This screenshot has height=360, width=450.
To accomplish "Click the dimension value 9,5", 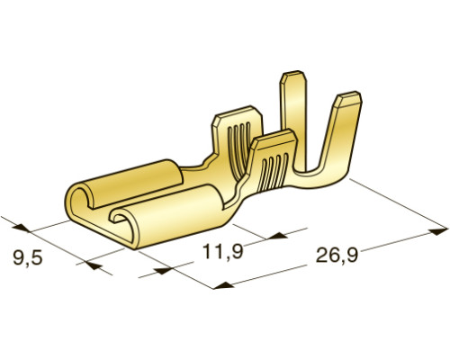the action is [x=28, y=258].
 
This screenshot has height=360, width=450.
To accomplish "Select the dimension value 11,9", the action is [x=223, y=251].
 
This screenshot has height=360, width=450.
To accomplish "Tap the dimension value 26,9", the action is [x=337, y=256].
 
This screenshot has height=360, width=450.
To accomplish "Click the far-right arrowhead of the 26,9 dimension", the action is [x=438, y=231].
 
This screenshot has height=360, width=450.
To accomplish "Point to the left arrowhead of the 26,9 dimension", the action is [x=224, y=285].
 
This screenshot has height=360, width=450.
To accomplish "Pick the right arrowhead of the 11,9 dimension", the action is [x=277, y=236].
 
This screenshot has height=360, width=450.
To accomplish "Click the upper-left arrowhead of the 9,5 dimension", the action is [x=21, y=228].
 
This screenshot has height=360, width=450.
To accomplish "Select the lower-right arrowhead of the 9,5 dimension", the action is [x=94, y=265].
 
